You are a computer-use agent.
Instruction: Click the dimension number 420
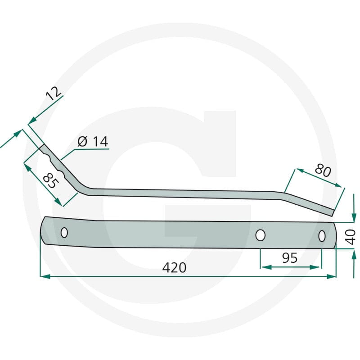point(174,267)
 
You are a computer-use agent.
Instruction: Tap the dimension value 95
point(289,258)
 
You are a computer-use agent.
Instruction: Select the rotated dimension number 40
point(351,237)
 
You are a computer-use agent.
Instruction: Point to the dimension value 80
point(323,171)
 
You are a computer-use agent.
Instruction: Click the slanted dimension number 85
point(51,181)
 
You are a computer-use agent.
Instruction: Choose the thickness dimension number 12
point(54,94)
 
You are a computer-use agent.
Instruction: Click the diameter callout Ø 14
point(93,141)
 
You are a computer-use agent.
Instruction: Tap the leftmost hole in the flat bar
point(64,233)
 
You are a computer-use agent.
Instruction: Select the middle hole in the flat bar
point(261,235)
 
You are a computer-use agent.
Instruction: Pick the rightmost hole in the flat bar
point(322,236)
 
